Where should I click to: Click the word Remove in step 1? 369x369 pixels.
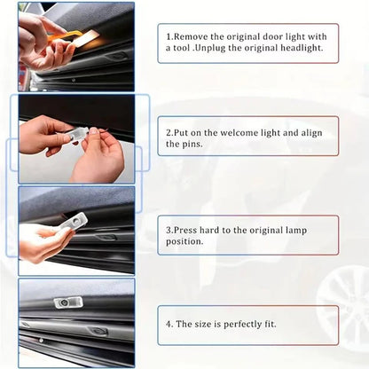pos(190,36)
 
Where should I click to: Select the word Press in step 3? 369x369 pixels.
pos(184,229)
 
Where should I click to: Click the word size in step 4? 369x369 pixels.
pos(206,325)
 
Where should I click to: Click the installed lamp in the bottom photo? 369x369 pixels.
pos(65,303)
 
